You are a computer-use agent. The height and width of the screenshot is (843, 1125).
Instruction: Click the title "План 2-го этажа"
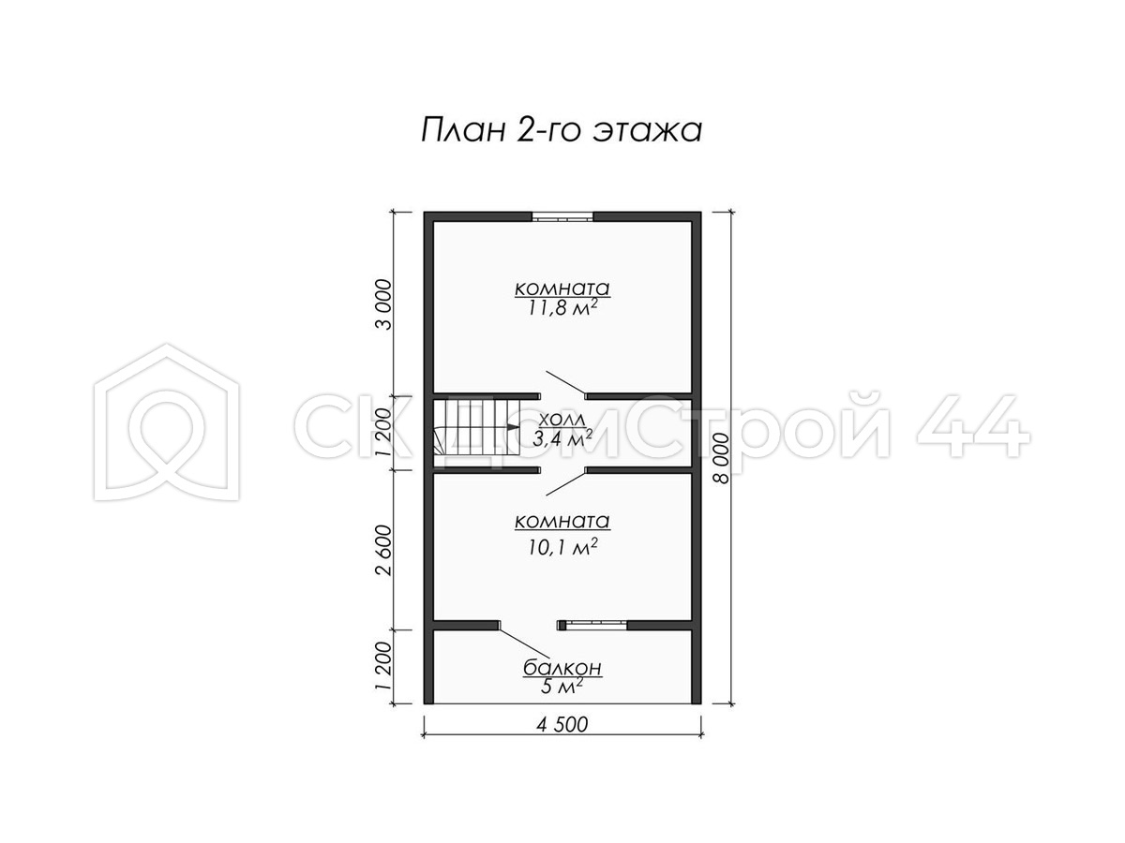pyautogui.click(x=562, y=130)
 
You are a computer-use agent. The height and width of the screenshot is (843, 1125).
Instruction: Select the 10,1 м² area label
pyautogui.click(x=562, y=547)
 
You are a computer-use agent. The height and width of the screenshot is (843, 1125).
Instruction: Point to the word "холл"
pyautogui.click(x=562, y=421)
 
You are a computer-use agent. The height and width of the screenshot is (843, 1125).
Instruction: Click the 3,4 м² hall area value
pyautogui.click(x=562, y=438)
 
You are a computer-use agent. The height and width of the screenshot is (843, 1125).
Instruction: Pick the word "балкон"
pyautogui.click(x=562, y=668)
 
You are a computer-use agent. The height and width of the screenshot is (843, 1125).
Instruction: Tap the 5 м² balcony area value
pyautogui.click(x=562, y=687)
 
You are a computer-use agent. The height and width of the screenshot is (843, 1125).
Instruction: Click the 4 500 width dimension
pyautogui.click(x=562, y=724)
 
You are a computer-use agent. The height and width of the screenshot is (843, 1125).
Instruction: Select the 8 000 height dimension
pyautogui.click(x=721, y=458)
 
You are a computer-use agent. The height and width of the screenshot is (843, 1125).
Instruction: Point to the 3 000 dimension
pyautogui.click(x=383, y=304)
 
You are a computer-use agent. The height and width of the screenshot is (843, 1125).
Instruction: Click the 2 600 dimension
pyautogui.click(x=383, y=550)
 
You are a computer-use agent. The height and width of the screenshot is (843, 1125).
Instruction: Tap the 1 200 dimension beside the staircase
pyautogui.click(x=383, y=433)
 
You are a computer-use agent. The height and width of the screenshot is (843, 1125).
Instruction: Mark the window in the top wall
pyautogui.click(x=562, y=217)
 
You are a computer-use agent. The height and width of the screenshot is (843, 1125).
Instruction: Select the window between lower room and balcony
pyautogui.click(x=592, y=625)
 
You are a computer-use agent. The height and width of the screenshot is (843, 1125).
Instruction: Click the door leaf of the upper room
pyautogui.click(x=566, y=383)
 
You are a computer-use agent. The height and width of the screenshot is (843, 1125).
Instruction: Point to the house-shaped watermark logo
pyautogui.click(x=167, y=421)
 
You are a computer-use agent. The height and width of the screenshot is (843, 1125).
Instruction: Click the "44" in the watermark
pyautogui.click(x=972, y=425)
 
